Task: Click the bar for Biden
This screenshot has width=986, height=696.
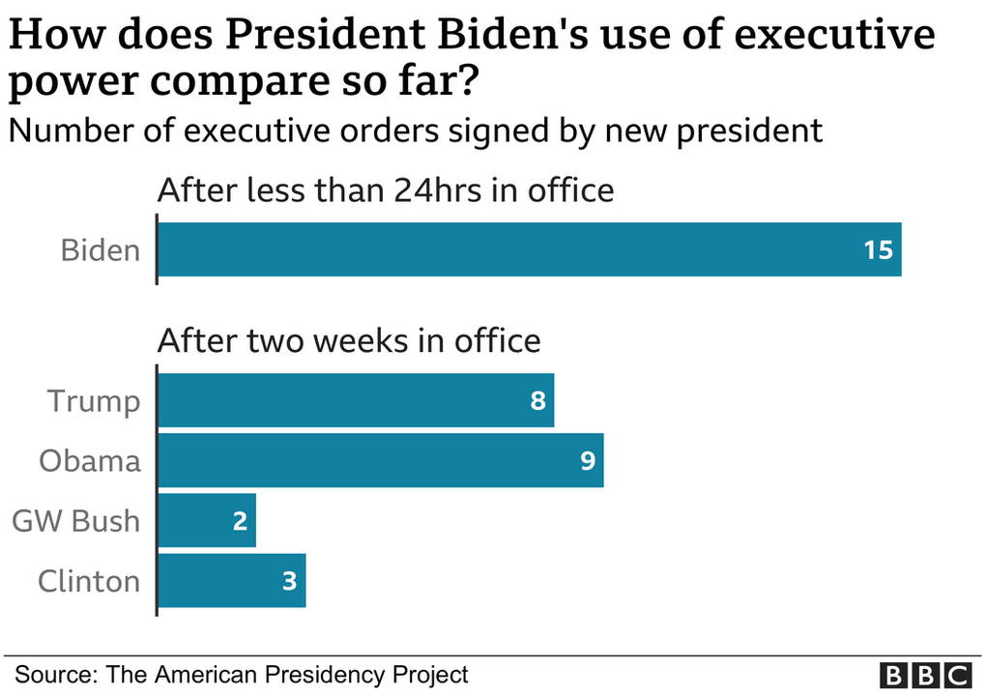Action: (529, 249)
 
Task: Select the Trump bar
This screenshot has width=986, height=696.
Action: (356, 400)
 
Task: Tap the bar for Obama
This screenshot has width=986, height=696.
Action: (380, 460)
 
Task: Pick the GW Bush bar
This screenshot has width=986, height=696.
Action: (207, 520)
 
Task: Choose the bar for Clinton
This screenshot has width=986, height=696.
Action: (231, 580)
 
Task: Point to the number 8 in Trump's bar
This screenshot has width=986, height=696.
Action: (537, 400)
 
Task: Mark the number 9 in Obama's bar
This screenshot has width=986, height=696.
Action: (587, 460)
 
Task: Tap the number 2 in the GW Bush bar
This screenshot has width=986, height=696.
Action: (240, 521)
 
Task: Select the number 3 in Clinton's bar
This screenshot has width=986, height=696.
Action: (289, 581)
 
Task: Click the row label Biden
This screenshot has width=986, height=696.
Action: (101, 250)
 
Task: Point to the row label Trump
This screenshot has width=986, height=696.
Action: (94, 400)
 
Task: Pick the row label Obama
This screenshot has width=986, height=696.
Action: (90, 460)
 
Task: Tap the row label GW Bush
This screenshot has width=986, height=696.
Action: (76, 521)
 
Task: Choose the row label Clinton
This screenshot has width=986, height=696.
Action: (89, 581)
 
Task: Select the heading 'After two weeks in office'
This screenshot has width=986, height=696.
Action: (349, 340)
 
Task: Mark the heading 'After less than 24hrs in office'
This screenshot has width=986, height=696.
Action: (386, 189)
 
